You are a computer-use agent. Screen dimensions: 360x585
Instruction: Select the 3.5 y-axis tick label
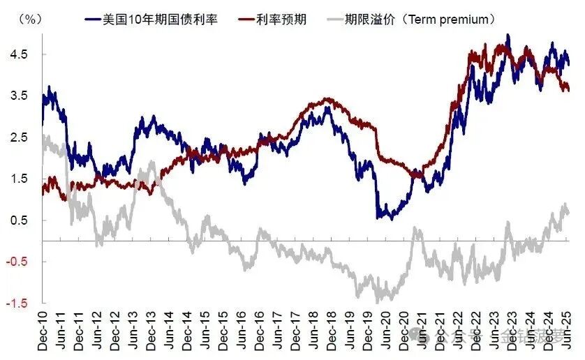pyautogui.click(x=19, y=96)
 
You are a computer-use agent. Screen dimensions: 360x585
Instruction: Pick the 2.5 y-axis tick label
pyautogui.click(x=19, y=137)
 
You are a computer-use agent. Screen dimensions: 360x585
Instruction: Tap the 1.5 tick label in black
pyautogui.click(x=19, y=179)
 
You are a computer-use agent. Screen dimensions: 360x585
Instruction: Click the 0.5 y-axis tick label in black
pyautogui.click(x=19, y=220)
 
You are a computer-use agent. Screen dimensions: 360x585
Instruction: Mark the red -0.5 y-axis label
pyautogui.click(x=17, y=262)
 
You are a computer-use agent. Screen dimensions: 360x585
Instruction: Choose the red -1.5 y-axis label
pyautogui.click(x=17, y=303)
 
